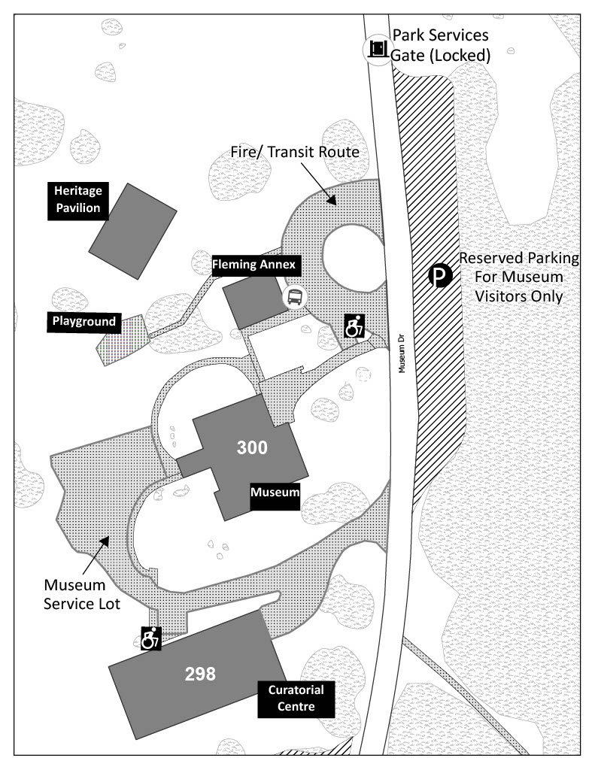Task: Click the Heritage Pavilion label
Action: [x=77, y=200]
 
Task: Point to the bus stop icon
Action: [x=295, y=297]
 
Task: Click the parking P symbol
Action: [x=439, y=277]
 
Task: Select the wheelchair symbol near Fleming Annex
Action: [x=354, y=326]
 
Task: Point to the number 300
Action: [x=251, y=448]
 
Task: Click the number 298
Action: [x=200, y=675]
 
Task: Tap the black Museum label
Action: [x=275, y=493]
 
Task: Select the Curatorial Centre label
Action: [x=296, y=699]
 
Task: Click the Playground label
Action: [x=84, y=322]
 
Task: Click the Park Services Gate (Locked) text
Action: [x=442, y=45]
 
